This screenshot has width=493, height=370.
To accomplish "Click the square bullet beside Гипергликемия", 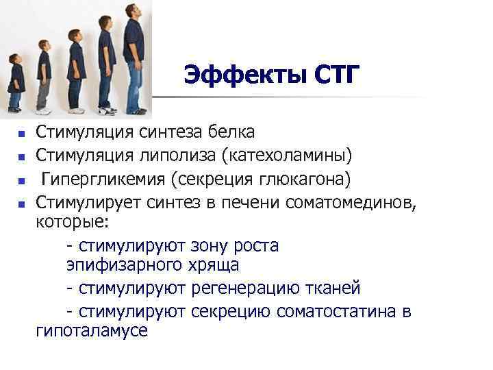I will click(x=22, y=182).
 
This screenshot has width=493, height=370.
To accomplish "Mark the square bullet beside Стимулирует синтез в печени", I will click(x=22, y=204).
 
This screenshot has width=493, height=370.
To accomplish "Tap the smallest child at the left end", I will click(x=15, y=86).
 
